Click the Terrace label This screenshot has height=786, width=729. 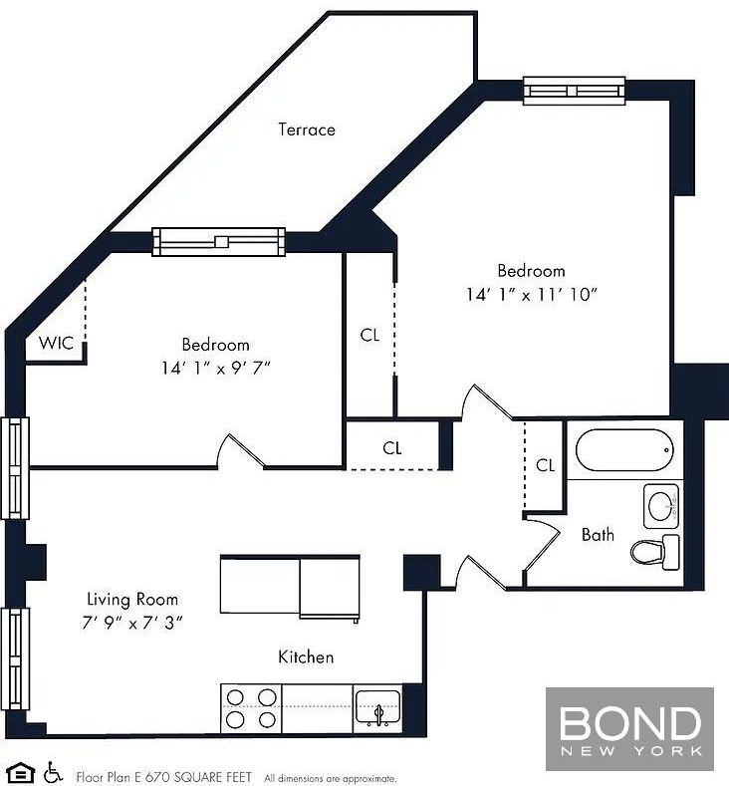pyautogui.click(x=307, y=130)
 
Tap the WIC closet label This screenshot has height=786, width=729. pyautogui.click(x=56, y=343)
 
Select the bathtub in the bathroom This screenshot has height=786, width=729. pyautogui.click(x=624, y=449)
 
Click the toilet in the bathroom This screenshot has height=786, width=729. pyautogui.click(x=655, y=552)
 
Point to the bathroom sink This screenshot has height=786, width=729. pyautogui.click(x=661, y=506)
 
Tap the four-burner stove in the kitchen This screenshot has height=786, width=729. pyautogui.click(x=251, y=709)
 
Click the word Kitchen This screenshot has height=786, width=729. pyautogui.click(x=306, y=656)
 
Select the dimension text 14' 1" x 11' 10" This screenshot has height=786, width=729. pyautogui.click(x=532, y=294)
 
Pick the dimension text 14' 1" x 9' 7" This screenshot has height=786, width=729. pyautogui.click(x=215, y=368)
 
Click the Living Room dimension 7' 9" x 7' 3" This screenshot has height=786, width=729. pyautogui.click(x=132, y=623)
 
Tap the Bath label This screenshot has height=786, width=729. pyautogui.click(x=598, y=534)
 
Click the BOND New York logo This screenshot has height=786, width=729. pyautogui.click(x=629, y=729)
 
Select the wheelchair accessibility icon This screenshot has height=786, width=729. pyautogui.click(x=53, y=772)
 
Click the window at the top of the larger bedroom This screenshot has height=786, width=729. pyautogui.click(x=575, y=91)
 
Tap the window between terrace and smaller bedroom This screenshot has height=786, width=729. pyautogui.click(x=219, y=242)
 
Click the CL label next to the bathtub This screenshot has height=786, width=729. pyautogui.click(x=545, y=465)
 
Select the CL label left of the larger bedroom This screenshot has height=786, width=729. pyautogui.click(x=369, y=335)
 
